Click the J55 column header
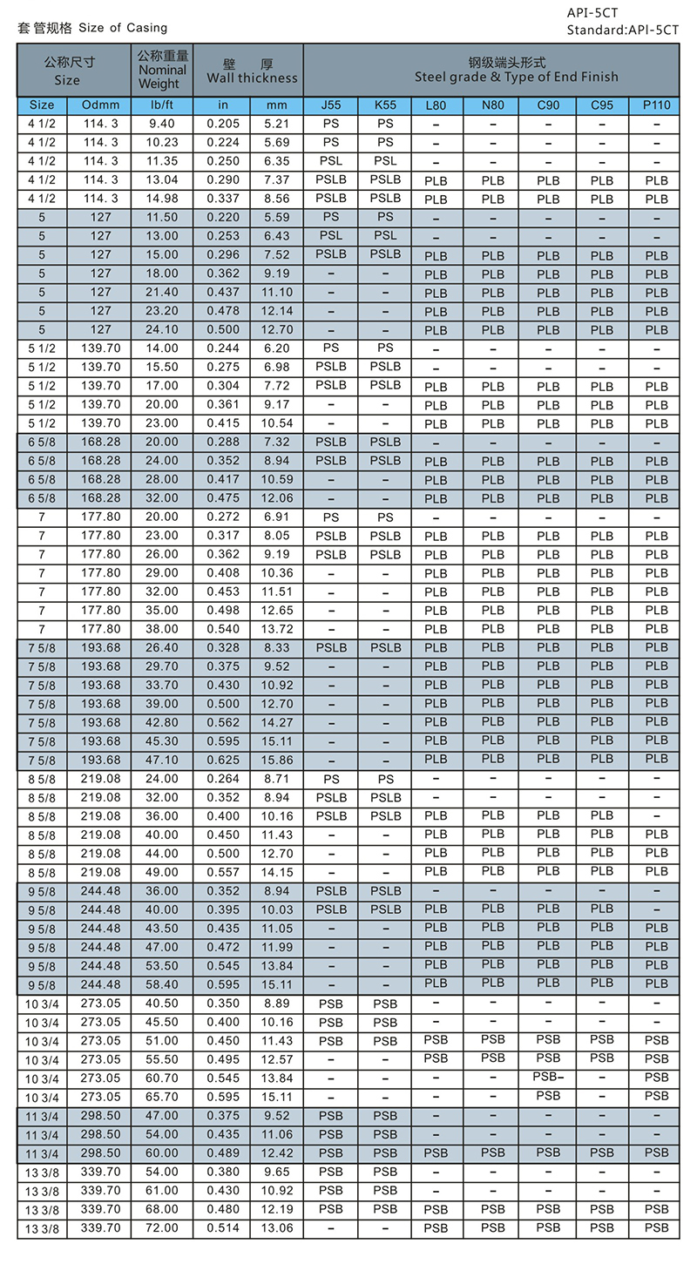click(331, 105)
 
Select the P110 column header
click(657, 105)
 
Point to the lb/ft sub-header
click(161, 105)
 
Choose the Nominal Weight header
click(161, 70)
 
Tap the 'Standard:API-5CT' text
click(622, 30)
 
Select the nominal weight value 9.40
click(161, 124)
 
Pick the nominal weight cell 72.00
click(161, 1227)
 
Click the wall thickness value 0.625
click(223, 760)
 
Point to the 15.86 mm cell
click(276, 760)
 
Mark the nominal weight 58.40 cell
click(161, 984)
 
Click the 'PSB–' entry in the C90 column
click(548, 1078)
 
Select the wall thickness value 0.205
click(223, 124)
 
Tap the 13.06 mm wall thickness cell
click(276, 1227)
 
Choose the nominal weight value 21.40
click(161, 292)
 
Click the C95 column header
click(602, 105)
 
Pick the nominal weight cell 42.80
click(161, 722)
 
